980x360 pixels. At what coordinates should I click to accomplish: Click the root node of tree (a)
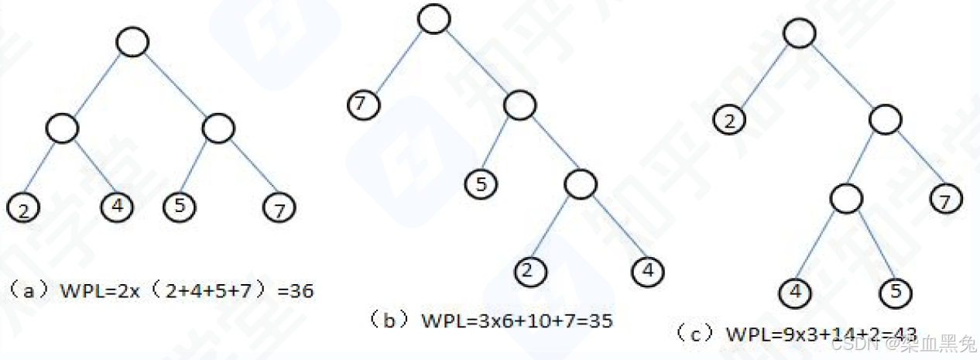tap(132, 43)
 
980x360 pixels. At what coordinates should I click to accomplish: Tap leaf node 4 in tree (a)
tap(118, 206)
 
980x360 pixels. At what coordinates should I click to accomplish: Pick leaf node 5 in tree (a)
tap(180, 206)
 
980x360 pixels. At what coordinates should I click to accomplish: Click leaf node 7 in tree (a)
tap(279, 207)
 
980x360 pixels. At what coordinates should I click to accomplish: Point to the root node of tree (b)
tap(434, 19)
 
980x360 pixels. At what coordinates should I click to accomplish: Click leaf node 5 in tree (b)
tap(481, 183)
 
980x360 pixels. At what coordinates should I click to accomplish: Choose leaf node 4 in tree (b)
tap(648, 270)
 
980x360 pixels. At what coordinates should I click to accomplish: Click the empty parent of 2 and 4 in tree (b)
tap(580, 183)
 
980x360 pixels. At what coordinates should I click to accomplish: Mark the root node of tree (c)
tap(799, 33)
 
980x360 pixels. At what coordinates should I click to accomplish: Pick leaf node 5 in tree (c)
tap(896, 293)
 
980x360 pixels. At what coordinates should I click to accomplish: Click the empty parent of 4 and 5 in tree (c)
tap(846, 199)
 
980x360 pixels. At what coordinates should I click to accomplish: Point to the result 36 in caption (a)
tap(300, 292)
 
